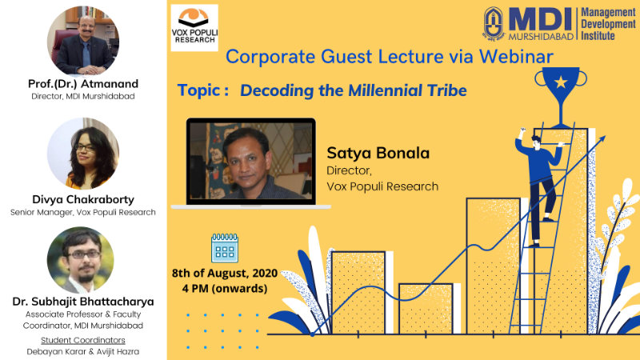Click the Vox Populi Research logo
coord(194,28)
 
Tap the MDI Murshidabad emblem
coord(494,24)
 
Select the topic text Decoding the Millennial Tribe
coord(353,90)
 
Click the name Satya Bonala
coord(378,153)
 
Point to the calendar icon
coord(225,248)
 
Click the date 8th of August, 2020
coord(225,273)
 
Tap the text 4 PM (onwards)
coord(225,289)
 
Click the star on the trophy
coord(561,82)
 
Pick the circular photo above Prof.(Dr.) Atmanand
coord(83,41)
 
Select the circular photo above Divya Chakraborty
coord(83,154)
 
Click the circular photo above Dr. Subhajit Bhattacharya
coord(81,260)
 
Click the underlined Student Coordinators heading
coord(83,340)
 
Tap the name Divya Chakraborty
coord(83,199)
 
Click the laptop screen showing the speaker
coord(250,162)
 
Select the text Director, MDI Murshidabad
coord(83,96)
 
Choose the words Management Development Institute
coord(609,24)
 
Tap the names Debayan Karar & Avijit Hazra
coord(83,351)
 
